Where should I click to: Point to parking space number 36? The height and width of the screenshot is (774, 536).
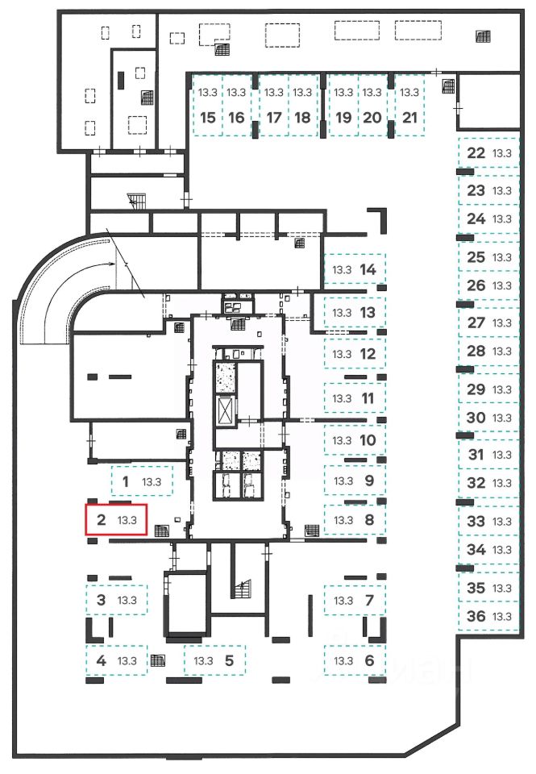(x=488, y=617)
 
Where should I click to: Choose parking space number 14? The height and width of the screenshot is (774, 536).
(x=355, y=269)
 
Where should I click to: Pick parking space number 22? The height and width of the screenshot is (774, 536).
(x=488, y=153)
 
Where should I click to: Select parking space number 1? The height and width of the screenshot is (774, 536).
(x=139, y=483)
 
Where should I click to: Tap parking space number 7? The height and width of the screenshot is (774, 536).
(x=355, y=601)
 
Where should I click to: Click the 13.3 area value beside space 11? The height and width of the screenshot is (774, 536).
(x=343, y=398)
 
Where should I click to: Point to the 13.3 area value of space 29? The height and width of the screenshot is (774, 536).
(x=503, y=389)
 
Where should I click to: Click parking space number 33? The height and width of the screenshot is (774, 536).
(x=488, y=522)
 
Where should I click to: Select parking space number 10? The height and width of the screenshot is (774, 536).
(x=355, y=440)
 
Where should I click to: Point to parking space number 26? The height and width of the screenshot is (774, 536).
(x=488, y=285)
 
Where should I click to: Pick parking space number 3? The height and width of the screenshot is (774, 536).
(x=117, y=600)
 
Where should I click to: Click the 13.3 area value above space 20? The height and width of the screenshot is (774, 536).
(x=372, y=93)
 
